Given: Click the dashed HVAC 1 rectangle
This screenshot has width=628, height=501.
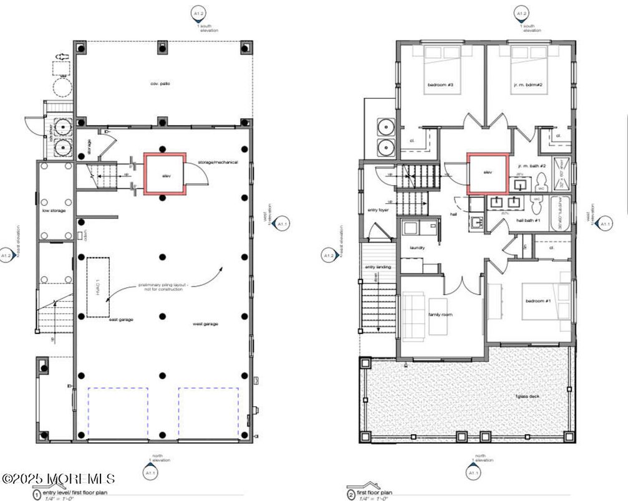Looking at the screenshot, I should pyautogui.click(x=98, y=287).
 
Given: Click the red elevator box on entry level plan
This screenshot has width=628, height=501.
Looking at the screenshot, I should pyautogui.click(x=165, y=174).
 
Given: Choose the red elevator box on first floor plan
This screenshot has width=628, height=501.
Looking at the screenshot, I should pyautogui.click(x=488, y=173).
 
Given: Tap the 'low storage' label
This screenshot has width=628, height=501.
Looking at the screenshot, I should pyautogui.click(x=54, y=211).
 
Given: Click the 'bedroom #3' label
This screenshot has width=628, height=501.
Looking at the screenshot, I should pyautogui.click(x=440, y=85).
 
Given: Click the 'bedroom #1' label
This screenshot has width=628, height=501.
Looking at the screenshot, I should pyautogui.click(x=538, y=301).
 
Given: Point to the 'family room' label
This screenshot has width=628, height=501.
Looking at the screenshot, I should pyautogui.click(x=440, y=315).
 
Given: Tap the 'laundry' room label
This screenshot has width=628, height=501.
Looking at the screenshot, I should pyautogui.click(x=417, y=247).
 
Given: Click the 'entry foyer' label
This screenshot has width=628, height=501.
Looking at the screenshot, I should pyautogui.click(x=378, y=210).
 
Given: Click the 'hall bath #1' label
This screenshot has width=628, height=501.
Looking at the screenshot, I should pyautogui.click(x=528, y=221).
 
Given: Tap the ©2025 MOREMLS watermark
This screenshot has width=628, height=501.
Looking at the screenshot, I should pyautogui.click(x=58, y=479).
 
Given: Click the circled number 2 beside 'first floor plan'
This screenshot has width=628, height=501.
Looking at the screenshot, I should pyautogui.click(x=350, y=495).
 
